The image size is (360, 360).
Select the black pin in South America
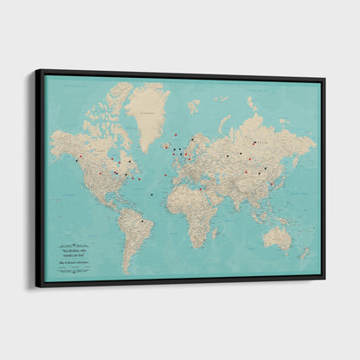click(141, 221)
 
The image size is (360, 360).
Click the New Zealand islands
click(304, 253)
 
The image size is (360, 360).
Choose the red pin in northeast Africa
click(200, 188)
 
